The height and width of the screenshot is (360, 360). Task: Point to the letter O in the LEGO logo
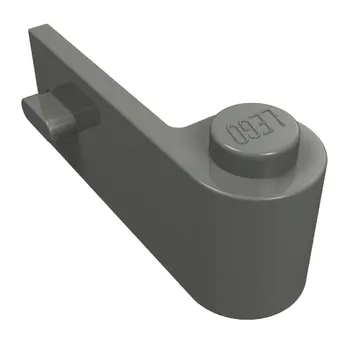(234, 133)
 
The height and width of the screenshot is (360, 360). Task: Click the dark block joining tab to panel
(77, 103)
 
